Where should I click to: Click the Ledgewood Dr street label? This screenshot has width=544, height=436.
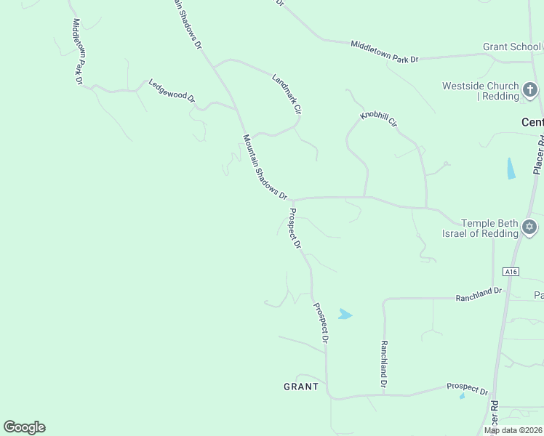click(172, 90)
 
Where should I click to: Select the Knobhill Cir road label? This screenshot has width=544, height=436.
click(379, 120)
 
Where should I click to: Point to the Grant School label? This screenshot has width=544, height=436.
click(511, 47)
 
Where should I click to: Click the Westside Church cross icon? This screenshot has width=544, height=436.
click(530, 91)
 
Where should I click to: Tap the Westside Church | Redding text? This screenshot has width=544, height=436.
click(481, 91)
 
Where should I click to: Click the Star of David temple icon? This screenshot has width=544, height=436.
click(529, 228)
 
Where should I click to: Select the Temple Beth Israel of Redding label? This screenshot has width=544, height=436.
click(480, 228)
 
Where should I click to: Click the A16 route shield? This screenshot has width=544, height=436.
click(511, 272)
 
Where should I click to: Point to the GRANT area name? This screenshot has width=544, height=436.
click(301, 387)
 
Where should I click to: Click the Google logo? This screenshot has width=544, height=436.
click(24, 427)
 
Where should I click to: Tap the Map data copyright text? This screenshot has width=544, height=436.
click(513, 430)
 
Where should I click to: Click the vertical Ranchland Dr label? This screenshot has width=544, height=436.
click(383, 363)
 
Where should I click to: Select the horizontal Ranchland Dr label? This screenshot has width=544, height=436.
click(479, 294)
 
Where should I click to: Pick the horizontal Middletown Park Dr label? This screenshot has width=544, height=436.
click(385, 52)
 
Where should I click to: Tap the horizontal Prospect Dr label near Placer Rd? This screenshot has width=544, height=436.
click(467, 389)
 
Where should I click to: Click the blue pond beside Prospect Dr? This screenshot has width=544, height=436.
click(345, 315)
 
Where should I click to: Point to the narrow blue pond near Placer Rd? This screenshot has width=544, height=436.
click(511, 169)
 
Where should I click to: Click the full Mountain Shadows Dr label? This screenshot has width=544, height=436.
click(265, 168)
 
